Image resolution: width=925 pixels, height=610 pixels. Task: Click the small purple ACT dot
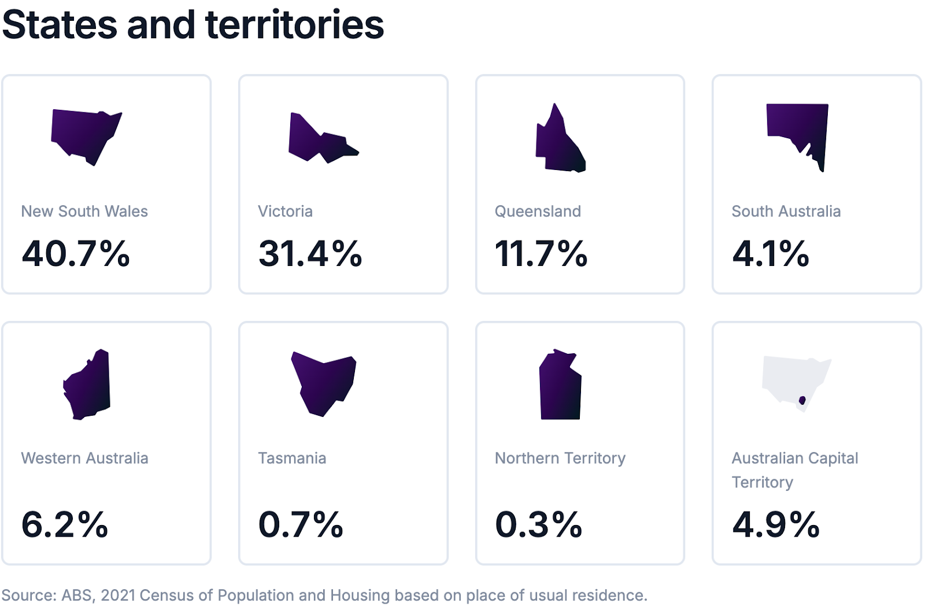pos(802,400)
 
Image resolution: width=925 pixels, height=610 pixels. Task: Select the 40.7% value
pos(76,253)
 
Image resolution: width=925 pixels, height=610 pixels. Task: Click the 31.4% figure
pos(310,253)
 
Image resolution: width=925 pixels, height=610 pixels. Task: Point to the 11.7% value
pos(541,253)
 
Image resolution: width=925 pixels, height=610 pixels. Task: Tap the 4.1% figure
pos(771,253)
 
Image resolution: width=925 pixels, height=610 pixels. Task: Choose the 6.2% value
pos(65,524)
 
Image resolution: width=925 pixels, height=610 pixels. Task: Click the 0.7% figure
pos(301,524)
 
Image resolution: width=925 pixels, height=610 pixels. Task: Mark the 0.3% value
pos(538,524)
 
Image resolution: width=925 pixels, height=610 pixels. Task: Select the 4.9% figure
pos(776,524)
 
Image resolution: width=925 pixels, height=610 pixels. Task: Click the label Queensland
pos(538,212)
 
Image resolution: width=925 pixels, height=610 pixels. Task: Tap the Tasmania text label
pos(292,459)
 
